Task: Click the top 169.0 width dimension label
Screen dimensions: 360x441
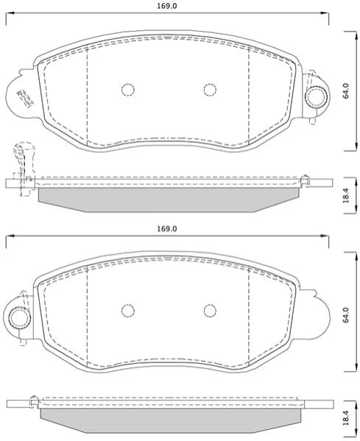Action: (167, 6)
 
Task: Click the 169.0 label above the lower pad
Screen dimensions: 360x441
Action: (167, 229)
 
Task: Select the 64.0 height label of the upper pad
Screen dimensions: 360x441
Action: (346, 91)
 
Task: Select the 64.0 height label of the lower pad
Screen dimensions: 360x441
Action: (346, 315)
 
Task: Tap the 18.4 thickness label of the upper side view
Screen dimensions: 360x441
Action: (346, 196)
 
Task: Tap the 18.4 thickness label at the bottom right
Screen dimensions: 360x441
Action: (346, 417)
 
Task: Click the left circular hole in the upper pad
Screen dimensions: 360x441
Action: (128, 90)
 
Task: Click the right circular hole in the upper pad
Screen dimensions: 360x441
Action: (210, 90)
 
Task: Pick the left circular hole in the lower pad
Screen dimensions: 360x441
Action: (128, 311)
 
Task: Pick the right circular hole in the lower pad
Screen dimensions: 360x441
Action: (210, 311)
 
